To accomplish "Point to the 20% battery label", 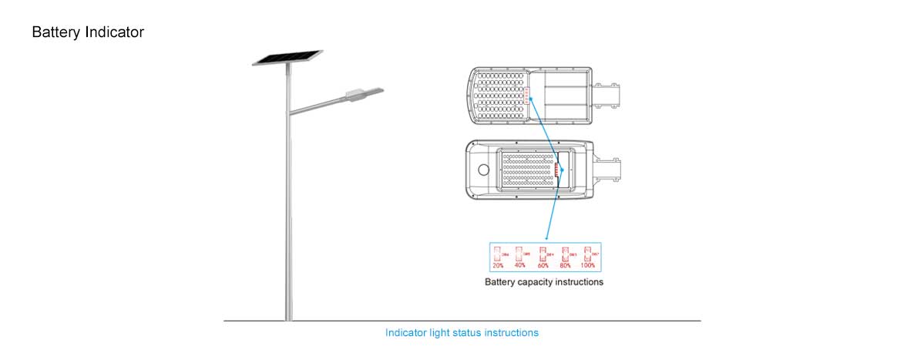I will point(498,265).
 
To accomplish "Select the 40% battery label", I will point(520,265).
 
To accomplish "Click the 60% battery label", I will point(543,265).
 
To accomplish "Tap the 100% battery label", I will point(588,265).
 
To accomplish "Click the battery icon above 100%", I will point(587,253).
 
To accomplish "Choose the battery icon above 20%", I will point(497,253).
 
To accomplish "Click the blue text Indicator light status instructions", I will point(462,333).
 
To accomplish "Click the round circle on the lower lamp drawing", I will point(485,170).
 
